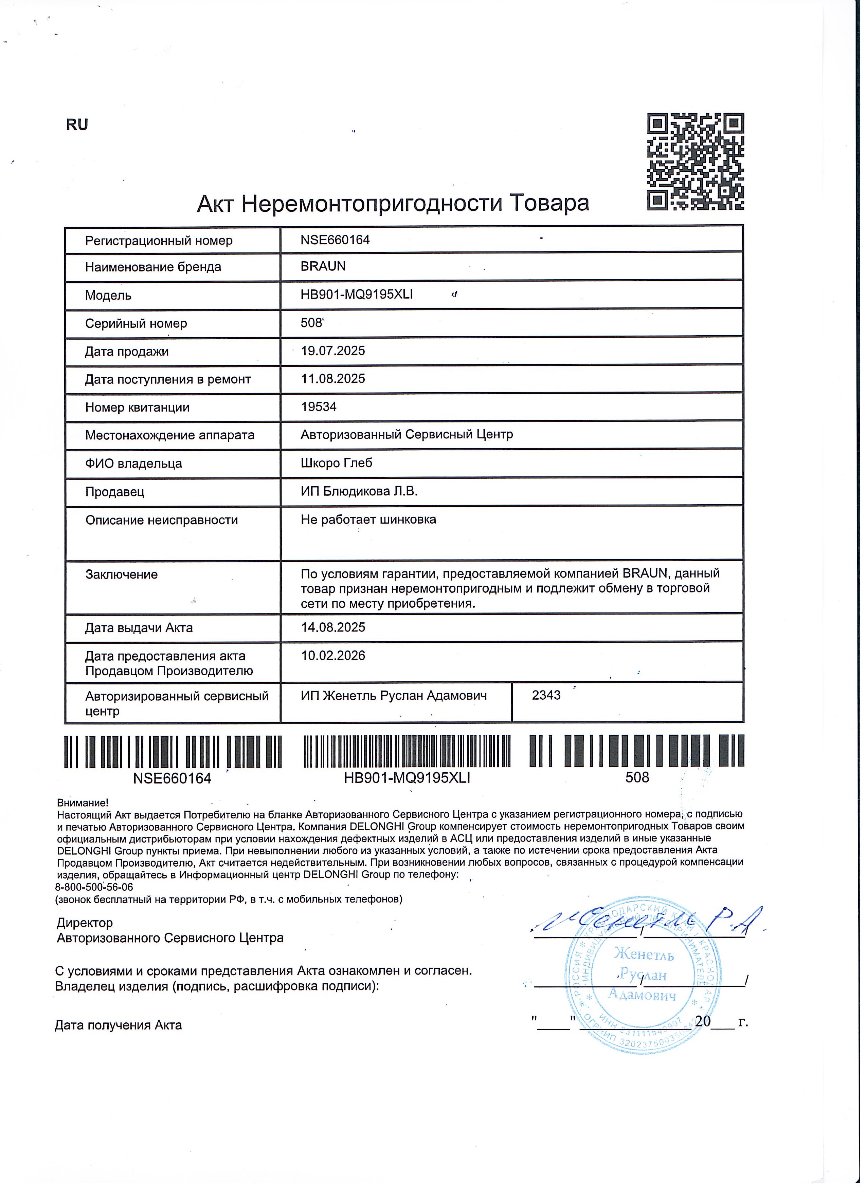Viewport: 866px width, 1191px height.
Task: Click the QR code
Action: click(695, 162)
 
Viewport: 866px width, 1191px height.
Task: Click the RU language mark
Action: click(77, 125)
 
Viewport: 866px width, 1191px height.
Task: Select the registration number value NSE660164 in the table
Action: click(335, 240)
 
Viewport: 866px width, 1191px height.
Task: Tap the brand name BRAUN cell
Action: click(323, 266)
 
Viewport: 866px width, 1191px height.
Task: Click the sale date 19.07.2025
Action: click(332, 351)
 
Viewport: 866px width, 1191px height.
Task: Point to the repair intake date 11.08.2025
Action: click(332, 379)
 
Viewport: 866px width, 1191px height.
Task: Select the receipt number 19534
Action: click(319, 407)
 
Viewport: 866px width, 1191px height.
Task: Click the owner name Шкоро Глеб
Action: click(336, 462)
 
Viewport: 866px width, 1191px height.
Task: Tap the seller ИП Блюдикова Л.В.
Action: click(359, 491)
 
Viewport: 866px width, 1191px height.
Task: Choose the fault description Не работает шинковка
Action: click(368, 519)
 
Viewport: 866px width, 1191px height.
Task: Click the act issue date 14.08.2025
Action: click(332, 627)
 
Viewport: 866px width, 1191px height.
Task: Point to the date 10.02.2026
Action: click(332, 655)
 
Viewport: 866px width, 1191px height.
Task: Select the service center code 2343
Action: click(546, 695)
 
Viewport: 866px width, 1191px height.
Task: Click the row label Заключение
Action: click(121, 574)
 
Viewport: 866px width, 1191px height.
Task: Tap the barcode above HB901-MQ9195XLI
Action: click(407, 751)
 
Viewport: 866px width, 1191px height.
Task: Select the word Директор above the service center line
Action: click(85, 922)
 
